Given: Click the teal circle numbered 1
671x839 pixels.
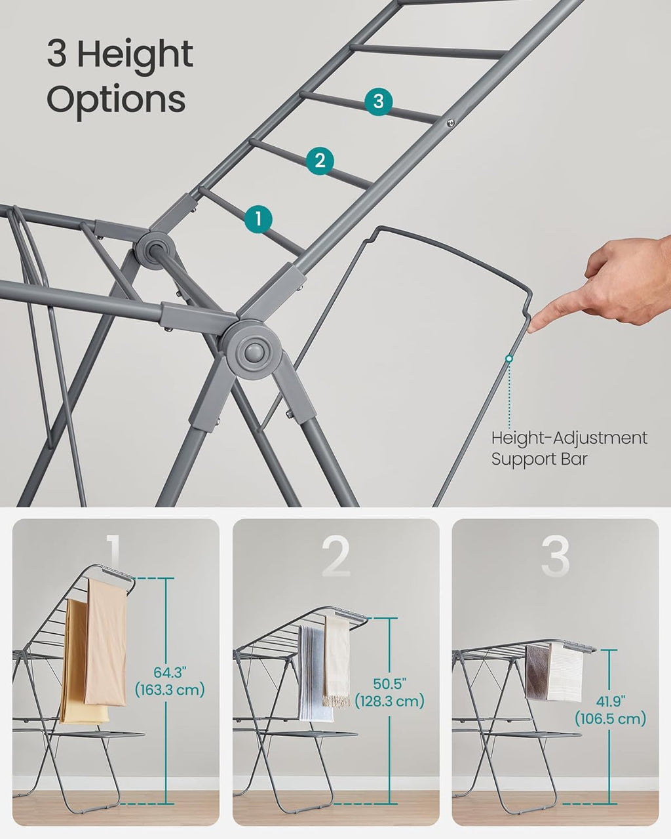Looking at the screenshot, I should click(x=258, y=219).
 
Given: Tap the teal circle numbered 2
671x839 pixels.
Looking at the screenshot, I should click(x=320, y=160).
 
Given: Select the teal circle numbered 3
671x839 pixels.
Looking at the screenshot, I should click(x=378, y=102).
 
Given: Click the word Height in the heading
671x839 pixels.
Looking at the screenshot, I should click(x=135, y=54).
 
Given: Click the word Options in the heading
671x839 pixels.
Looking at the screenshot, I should click(x=116, y=99).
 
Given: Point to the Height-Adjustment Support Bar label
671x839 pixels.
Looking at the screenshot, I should click(x=569, y=448).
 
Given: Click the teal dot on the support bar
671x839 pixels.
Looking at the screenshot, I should click(x=508, y=359).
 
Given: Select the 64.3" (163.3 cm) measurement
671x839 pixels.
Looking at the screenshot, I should click(x=170, y=681).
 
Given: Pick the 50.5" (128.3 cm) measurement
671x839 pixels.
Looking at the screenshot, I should click(x=389, y=693).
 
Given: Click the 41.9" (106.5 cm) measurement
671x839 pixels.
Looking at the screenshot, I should click(x=610, y=710).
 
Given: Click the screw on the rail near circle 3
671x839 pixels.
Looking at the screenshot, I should click(x=451, y=122).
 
